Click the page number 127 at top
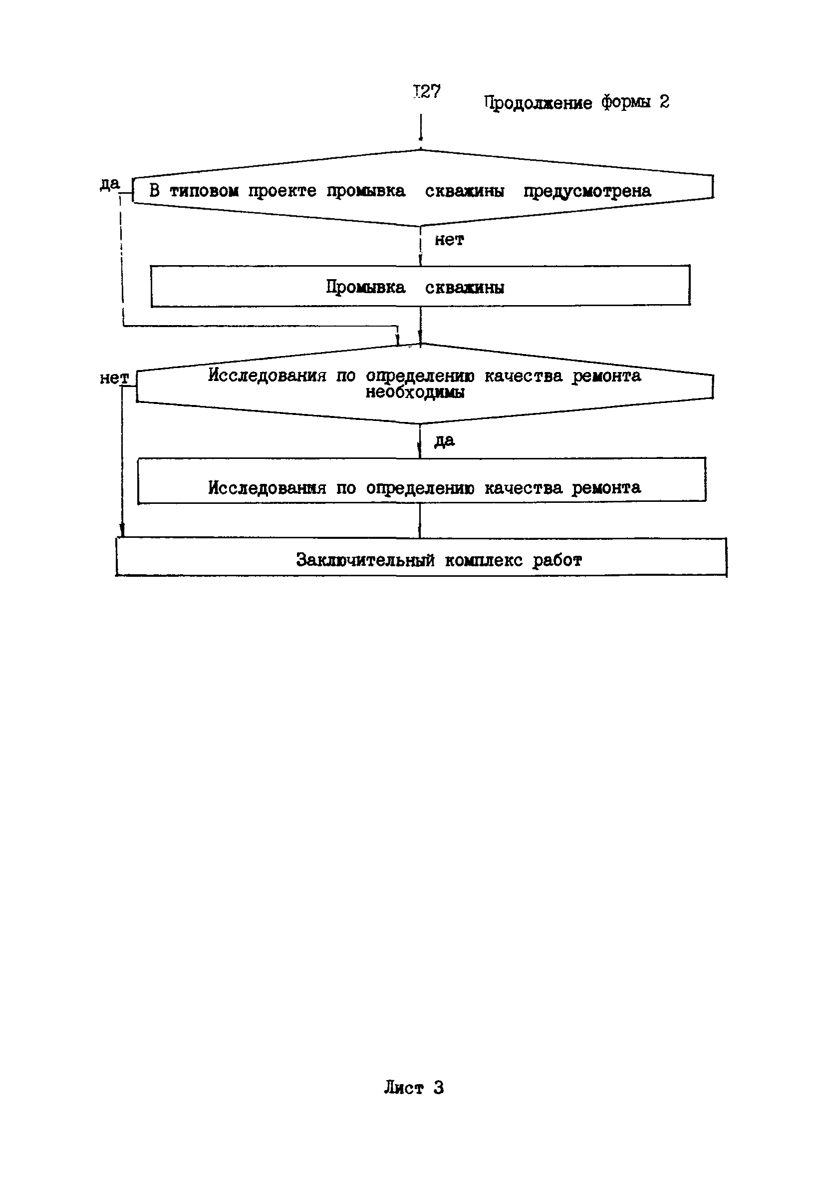pyautogui.click(x=427, y=91)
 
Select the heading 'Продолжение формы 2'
pyautogui.click(x=576, y=102)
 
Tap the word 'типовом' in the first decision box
pyautogui.click(x=204, y=191)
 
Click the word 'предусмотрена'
pyautogui.click(x=586, y=191)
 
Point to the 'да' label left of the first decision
pyautogui.click(x=109, y=183)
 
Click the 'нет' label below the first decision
pyautogui.click(x=449, y=240)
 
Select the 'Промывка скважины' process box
pyautogui.click(x=420, y=286)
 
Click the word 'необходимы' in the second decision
pyautogui.click(x=415, y=393)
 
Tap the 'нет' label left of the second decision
pyautogui.click(x=113, y=378)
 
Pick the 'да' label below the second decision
pyautogui.click(x=444, y=440)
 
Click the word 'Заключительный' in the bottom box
pyautogui.click(x=365, y=560)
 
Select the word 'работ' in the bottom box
pyautogui.click(x=557, y=560)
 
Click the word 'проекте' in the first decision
pyautogui.click(x=282, y=191)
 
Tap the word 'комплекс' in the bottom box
pyautogui.click(x=484, y=560)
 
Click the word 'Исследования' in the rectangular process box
pyautogui.click(x=267, y=487)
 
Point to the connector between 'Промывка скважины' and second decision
pyautogui.click(x=420, y=325)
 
